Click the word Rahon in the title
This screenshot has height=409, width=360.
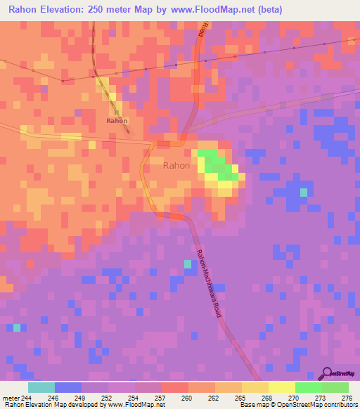(27, 9)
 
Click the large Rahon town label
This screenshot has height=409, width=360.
(176, 166)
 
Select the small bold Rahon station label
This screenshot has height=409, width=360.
(117, 121)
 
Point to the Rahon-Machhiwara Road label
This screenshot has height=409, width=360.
(210, 282)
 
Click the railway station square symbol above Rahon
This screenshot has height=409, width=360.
(117, 112)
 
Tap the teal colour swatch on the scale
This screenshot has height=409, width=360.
(41, 387)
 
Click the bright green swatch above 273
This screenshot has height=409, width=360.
(309, 387)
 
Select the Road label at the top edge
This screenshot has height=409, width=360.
(205, 29)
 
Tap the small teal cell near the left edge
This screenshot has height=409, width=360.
(16, 327)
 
